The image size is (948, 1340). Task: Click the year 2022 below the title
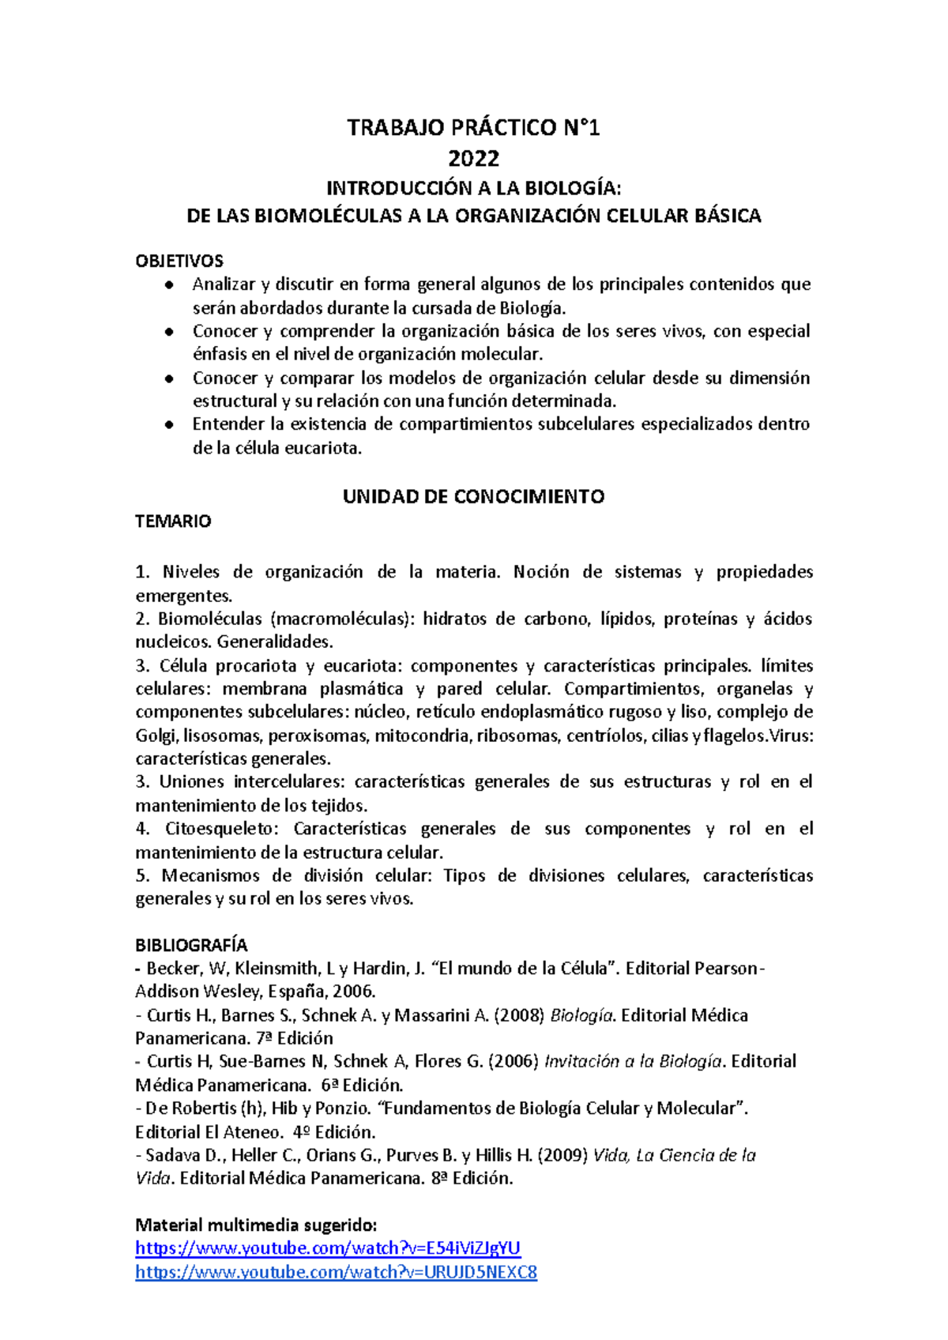[x=473, y=159]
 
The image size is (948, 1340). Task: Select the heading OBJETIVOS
[x=179, y=261]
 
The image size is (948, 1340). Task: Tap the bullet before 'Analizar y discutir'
[x=169, y=284]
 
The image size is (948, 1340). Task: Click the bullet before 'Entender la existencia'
[x=169, y=424]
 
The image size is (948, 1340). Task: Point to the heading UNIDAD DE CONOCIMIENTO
[x=473, y=496]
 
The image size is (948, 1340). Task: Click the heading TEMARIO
[x=173, y=521]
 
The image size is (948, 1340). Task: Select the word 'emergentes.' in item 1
[x=183, y=596]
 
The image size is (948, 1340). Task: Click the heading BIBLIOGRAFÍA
[x=191, y=945]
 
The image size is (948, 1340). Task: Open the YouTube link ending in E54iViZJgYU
[x=328, y=1248]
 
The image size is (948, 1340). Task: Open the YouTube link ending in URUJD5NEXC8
[x=336, y=1272]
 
